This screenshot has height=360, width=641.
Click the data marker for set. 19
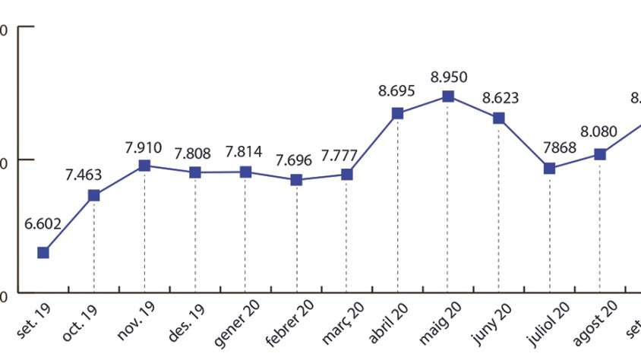[x=43, y=252]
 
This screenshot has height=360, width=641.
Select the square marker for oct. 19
[x=94, y=195]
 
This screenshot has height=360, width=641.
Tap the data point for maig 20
[x=448, y=96]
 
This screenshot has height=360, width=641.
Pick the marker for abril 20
[x=397, y=113]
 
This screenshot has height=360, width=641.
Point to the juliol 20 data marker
[x=549, y=168]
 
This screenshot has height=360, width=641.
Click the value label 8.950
[x=448, y=77]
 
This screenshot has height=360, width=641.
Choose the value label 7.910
[x=144, y=146]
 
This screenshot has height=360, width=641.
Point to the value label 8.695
[x=396, y=91]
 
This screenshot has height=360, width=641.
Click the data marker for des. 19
[x=195, y=172]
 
